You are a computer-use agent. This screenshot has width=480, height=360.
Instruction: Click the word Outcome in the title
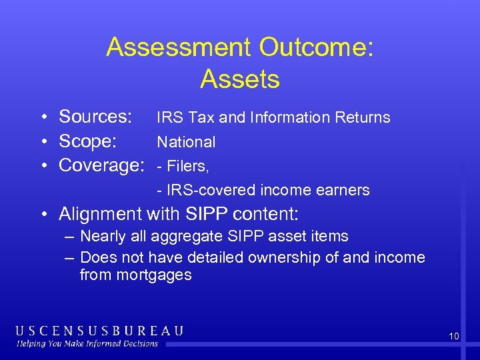click(x=317, y=47)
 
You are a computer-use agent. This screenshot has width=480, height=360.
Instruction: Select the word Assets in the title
click(x=239, y=79)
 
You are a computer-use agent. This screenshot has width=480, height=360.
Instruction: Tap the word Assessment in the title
click(x=179, y=47)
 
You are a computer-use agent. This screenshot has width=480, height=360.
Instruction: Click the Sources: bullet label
click(x=95, y=117)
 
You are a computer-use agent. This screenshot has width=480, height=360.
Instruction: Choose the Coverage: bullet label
click(x=101, y=165)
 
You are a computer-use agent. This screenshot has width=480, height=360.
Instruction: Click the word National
click(x=186, y=142)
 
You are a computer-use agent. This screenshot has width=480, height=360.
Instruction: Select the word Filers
click(x=189, y=166)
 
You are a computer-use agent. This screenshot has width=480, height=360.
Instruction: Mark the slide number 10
click(x=453, y=337)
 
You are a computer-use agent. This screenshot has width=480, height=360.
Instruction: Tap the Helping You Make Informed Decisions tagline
click(x=88, y=343)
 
